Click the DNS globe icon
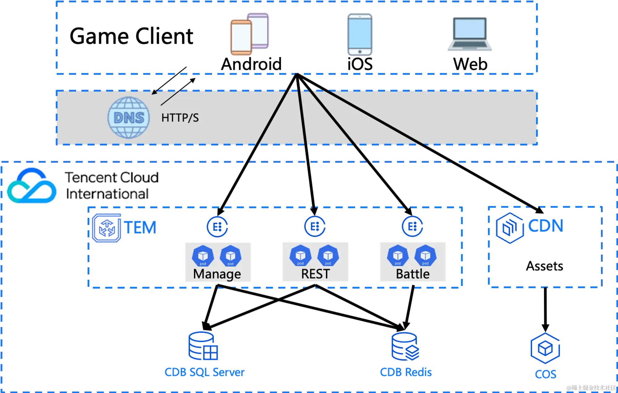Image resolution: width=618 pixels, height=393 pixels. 129,117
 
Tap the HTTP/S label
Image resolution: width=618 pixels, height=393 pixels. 180,118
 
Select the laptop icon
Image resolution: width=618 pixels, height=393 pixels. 471,34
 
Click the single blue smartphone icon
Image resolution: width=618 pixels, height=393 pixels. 359,35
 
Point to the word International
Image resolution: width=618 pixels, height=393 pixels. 107,194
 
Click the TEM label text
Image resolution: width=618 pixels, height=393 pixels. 140,228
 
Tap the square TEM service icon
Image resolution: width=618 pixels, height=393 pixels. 107,229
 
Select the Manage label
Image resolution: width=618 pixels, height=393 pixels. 217,274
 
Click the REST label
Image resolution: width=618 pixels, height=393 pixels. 315,274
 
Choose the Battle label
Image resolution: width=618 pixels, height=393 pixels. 413,274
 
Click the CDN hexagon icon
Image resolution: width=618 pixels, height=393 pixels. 510,228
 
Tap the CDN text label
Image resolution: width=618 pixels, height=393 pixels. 546,225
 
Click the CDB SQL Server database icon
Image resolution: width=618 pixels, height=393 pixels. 203,346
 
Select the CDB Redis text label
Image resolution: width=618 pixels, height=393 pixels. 406,372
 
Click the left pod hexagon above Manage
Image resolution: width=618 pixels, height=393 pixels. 203,256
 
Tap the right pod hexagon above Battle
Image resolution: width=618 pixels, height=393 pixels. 425,255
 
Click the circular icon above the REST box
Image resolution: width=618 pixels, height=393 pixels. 315,227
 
